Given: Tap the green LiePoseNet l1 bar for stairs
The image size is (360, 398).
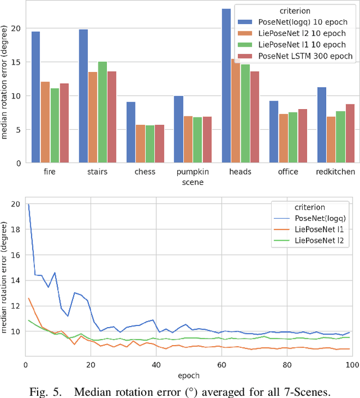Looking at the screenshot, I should click(x=102, y=112).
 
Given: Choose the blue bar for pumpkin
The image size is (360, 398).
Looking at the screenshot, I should click(x=178, y=129).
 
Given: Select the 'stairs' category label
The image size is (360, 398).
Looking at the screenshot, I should click(x=97, y=171).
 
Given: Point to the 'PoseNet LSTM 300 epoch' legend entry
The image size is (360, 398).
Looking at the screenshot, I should click(x=305, y=56).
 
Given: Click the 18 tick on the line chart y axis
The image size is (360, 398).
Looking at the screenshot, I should click(x=15, y=229).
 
